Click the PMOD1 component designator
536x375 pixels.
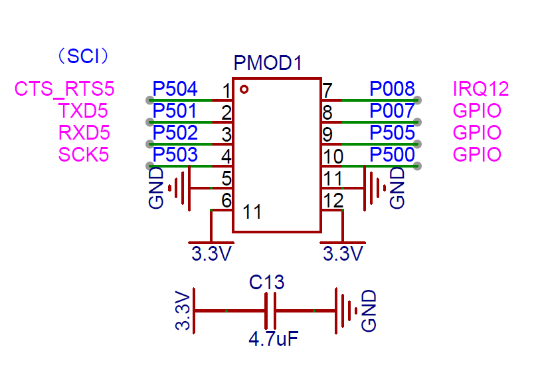(268, 64)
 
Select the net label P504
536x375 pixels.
(175, 88)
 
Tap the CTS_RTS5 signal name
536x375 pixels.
(64, 88)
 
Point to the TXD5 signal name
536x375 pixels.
(83, 110)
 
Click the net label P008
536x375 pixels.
(392, 88)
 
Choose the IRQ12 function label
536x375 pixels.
(480, 88)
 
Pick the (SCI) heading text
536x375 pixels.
(83, 55)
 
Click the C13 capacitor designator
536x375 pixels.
(267, 283)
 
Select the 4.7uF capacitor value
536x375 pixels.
(272, 339)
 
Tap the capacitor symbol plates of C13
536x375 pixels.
(270, 311)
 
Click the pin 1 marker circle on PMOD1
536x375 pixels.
(244, 88)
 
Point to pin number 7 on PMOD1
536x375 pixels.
(327, 90)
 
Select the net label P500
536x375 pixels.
(392, 155)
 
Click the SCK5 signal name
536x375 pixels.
(83, 155)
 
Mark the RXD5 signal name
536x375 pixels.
(83, 132)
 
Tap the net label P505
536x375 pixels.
(392, 132)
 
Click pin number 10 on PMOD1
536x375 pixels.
(331, 157)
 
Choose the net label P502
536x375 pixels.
(175, 132)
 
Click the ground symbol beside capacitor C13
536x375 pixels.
(344, 311)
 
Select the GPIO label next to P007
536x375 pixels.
(476, 110)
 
